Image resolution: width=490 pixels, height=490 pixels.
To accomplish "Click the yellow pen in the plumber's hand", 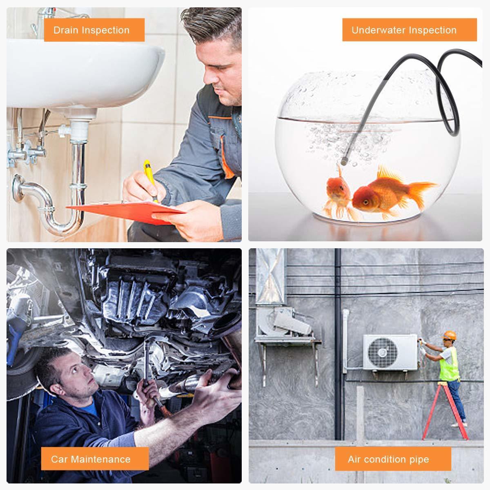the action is point(150,178).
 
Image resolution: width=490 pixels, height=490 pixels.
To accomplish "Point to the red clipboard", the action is point(125,211).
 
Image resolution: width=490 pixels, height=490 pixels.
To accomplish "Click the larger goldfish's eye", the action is point(365,203).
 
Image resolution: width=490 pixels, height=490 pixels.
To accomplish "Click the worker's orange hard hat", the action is point(450,335).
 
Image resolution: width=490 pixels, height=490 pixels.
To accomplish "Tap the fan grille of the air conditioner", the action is point(382,352).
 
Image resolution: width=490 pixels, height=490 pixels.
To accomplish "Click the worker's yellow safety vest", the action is point(450,364).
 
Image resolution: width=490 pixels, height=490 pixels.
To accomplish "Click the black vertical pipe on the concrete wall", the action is point(338,343).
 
